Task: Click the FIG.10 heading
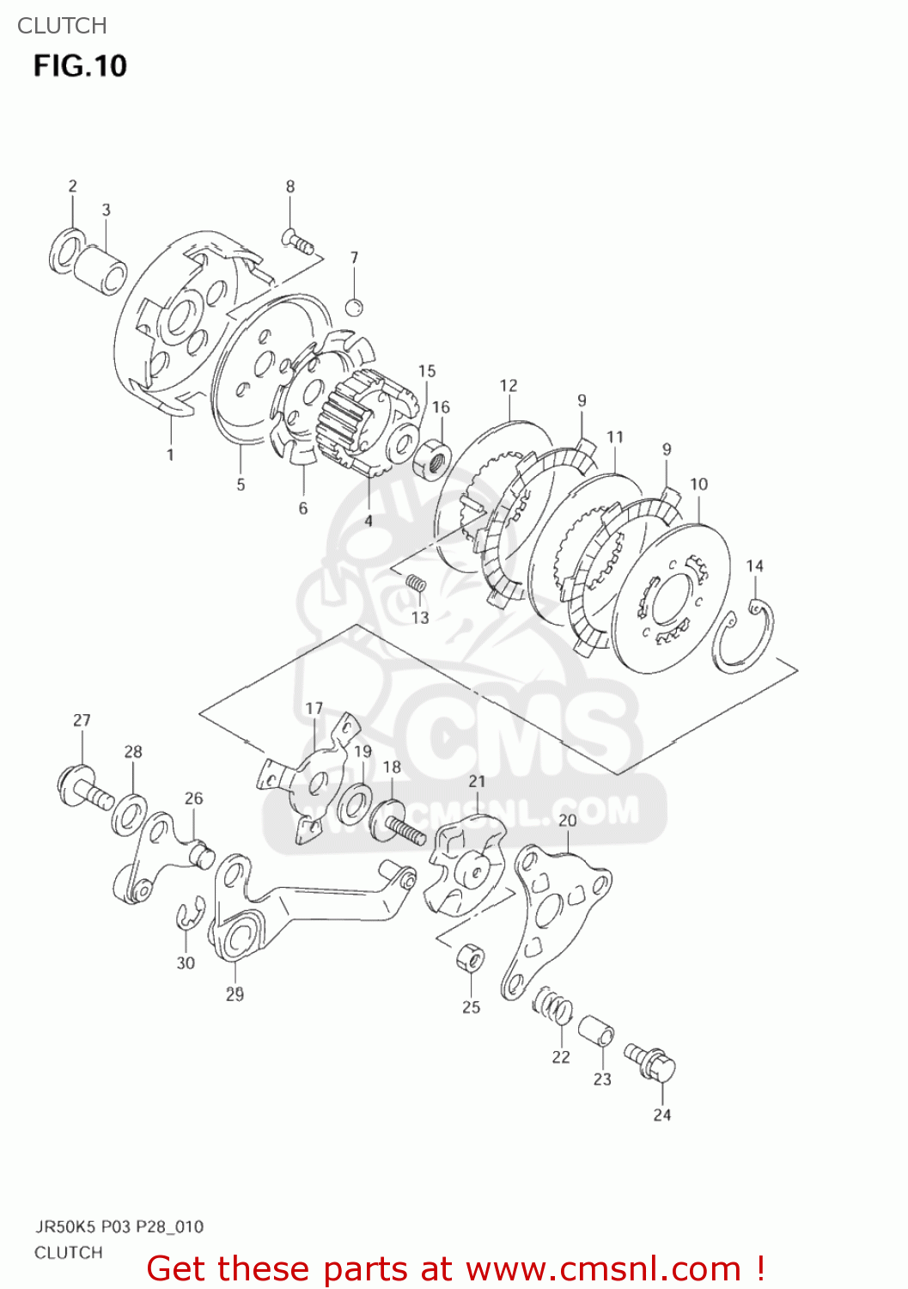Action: tap(80, 66)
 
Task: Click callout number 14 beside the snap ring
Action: tap(754, 565)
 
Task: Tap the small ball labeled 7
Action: tap(354, 307)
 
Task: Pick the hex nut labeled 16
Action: tap(432, 457)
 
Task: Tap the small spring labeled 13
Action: tap(415, 585)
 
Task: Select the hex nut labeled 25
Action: tap(469, 957)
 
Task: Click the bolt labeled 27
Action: tap(84, 788)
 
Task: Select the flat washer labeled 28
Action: tap(129, 814)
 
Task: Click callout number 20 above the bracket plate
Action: tap(568, 820)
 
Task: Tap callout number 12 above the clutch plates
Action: tap(509, 386)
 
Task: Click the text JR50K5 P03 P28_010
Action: tap(119, 1226)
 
